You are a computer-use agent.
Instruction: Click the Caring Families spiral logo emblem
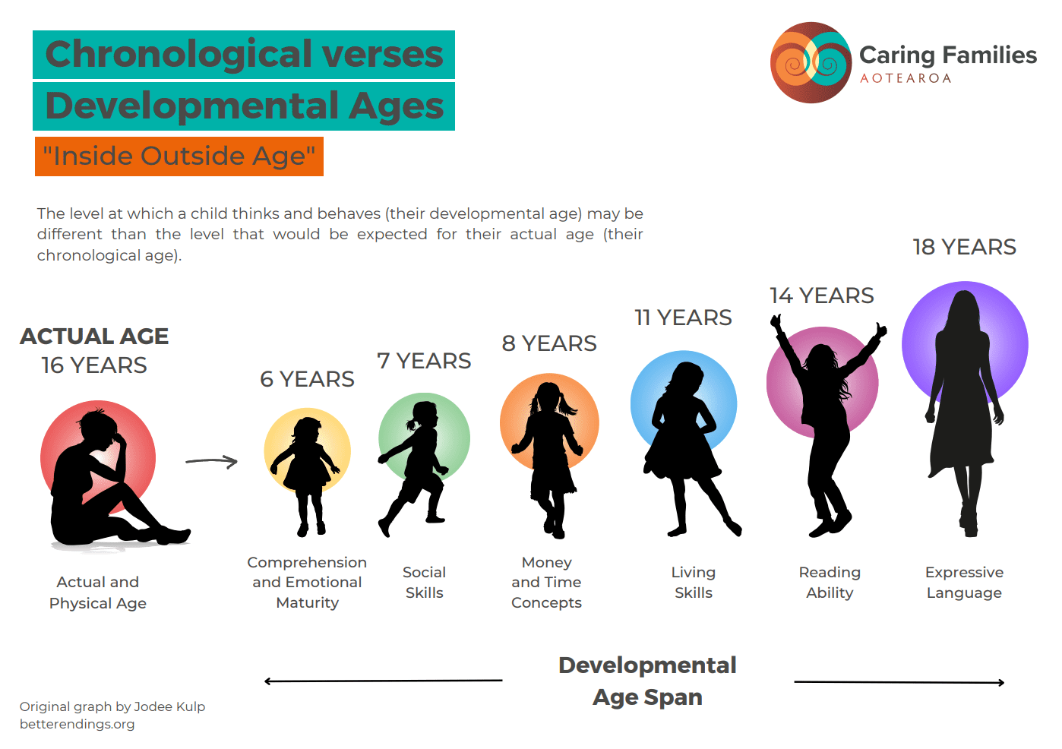click(x=811, y=62)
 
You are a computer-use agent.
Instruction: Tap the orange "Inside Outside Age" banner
click(x=179, y=156)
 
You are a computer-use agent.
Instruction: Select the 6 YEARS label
click(x=307, y=379)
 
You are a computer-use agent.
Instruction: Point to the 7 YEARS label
click(x=424, y=362)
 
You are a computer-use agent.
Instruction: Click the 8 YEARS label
click(x=549, y=343)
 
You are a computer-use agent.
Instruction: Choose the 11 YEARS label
click(x=683, y=318)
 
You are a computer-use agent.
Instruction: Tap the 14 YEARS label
click(x=821, y=295)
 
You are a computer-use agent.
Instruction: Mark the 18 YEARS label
click(x=964, y=247)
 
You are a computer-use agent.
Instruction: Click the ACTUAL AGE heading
click(x=94, y=336)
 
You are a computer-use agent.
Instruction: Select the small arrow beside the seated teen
click(x=211, y=461)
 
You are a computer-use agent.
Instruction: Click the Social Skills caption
click(x=425, y=583)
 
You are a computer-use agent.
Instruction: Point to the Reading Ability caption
click(x=830, y=583)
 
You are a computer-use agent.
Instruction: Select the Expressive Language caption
click(x=964, y=583)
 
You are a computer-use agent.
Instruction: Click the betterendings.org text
click(x=77, y=725)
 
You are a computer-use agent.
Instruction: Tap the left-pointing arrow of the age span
click(x=383, y=681)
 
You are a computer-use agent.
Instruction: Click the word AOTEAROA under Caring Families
click(x=906, y=79)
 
